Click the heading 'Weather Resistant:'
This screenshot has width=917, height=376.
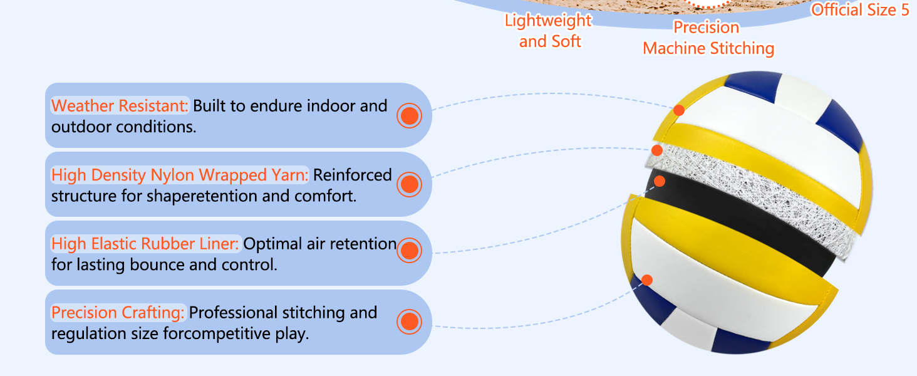[120, 105]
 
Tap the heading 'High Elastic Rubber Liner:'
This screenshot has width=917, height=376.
[145, 243]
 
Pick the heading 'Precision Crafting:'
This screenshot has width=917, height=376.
[118, 312]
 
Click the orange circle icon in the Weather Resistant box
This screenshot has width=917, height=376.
[409, 115]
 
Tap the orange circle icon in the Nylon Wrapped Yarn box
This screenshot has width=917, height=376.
[409, 184]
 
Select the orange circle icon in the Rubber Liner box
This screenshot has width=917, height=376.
[409, 251]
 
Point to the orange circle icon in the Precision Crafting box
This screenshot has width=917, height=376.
[409, 321]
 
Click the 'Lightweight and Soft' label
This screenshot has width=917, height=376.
[549, 31]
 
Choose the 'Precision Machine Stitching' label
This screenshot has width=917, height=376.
[708, 38]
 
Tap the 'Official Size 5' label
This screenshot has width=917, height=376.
[859, 10]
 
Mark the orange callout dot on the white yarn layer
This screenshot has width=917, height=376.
[656, 150]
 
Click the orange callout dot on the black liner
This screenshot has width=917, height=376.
[659, 181]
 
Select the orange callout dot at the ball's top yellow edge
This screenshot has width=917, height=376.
[679, 110]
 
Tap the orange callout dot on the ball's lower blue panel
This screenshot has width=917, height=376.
[647, 280]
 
